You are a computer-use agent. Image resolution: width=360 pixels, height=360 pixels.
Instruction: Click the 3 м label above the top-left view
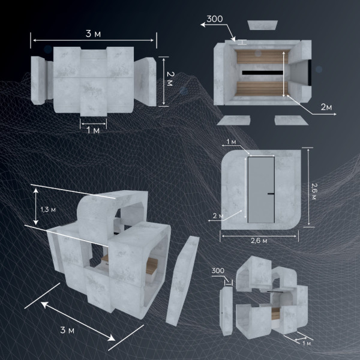click(x=93, y=34)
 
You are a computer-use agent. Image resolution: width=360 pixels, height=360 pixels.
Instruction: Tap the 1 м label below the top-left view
click(x=93, y=130)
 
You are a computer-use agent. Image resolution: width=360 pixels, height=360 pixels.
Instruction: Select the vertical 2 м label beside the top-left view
click(x=170, y=79)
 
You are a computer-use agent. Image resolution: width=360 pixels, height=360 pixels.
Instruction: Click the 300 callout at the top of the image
click(x=215, y=19)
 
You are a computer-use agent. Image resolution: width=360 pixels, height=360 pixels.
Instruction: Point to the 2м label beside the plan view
click(x=326, y=107)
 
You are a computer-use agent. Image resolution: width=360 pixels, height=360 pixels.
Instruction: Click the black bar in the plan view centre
click(x=262, y=73)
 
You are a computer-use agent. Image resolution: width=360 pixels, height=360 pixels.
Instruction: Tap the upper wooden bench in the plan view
click(x=262, y=56)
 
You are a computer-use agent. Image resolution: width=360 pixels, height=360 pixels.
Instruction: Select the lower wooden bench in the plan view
click(x=261, y=89)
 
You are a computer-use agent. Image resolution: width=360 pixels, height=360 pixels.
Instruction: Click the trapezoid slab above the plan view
click(x=263, y=25)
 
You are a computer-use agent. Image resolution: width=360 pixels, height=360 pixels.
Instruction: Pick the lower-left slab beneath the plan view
click(x=234, y=121)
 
